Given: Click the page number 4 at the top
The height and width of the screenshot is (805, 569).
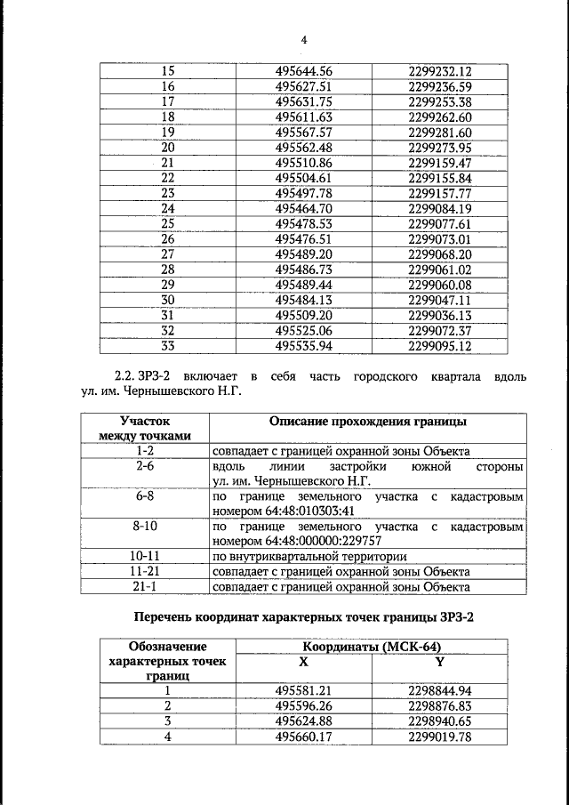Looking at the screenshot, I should [x=303, y=40].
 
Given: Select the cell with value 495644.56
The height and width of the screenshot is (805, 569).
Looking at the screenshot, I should [x=303, y=71].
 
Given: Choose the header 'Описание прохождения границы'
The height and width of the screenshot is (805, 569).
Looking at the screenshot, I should [x=367, y=421].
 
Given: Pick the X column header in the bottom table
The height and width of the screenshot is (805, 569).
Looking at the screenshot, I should [x=303, y=662].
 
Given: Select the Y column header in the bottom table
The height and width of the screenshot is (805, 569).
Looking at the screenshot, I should [x=439, y=662].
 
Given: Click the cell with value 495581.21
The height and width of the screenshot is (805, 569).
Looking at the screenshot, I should [x=303, y=690].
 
